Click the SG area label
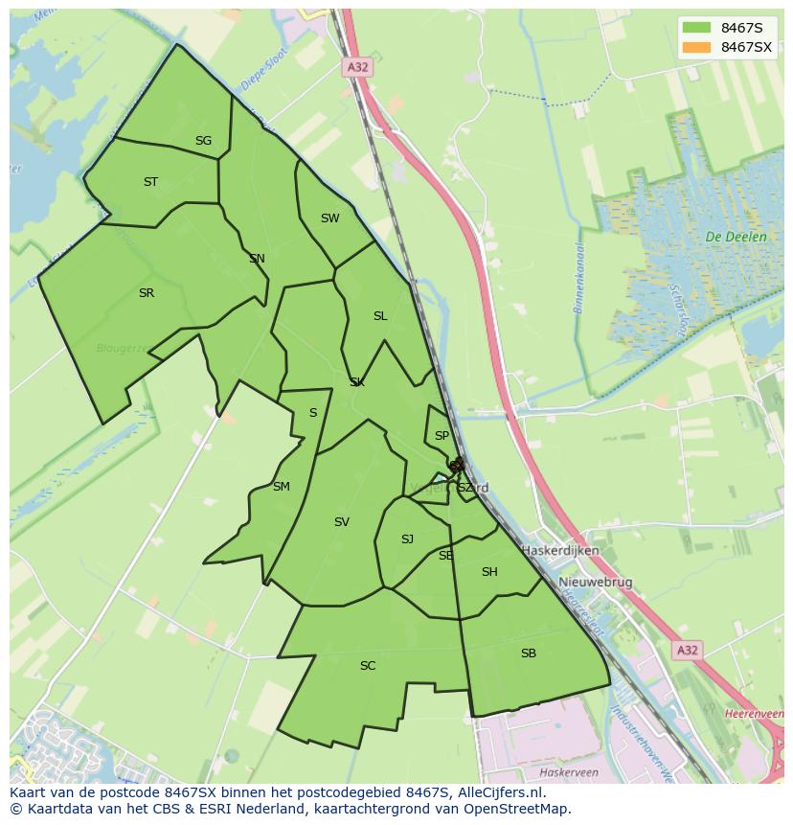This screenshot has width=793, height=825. click(203, 141)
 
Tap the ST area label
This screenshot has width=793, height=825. click(150, 182)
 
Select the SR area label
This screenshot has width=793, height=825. click(146, 293)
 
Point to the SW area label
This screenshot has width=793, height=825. click(329, 218)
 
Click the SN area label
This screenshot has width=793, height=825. click(257, 259)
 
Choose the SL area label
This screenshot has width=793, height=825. click(380, 316)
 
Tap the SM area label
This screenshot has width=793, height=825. click(281, 487)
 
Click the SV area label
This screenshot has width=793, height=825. click(342, 522)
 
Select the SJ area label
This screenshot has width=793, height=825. click(407, 539)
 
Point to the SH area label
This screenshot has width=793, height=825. click(489, 572)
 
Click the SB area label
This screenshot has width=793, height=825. click(529, 653)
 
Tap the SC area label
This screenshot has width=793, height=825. click(368, 666)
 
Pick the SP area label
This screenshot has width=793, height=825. click(442, 436)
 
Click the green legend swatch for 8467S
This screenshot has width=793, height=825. click(697, 28)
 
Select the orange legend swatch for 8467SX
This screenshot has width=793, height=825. click(697, 47)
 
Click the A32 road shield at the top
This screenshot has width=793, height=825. click(357, 67)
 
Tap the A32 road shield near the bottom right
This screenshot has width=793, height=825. click(687, 651)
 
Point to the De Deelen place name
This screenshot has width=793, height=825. click(736, 237)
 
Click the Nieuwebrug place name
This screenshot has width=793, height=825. click(596, 583)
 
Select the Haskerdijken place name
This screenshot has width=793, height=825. click(560, 551)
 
